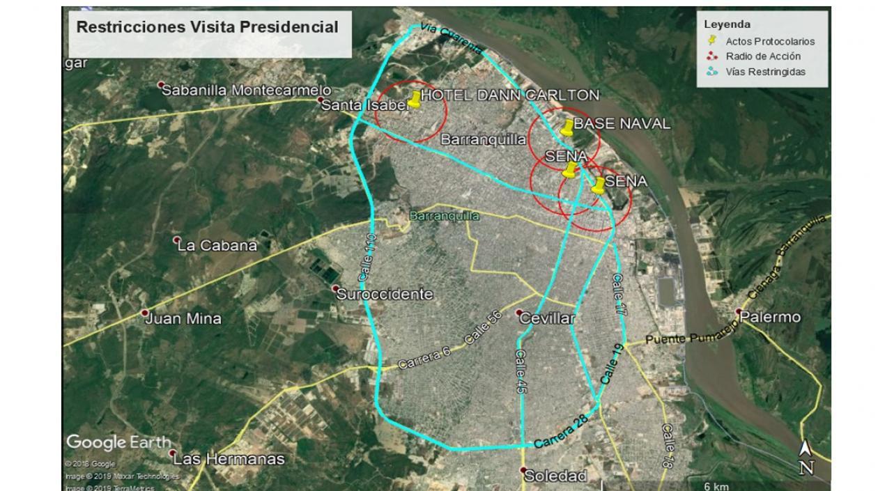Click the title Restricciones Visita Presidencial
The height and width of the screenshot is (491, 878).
(x=207, y=28)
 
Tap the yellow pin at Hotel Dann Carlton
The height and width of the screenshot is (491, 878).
(x=415, y=100)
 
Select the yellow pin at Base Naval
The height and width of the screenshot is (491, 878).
(x=568, y=127)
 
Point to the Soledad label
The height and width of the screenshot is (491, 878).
(x=555, y=476)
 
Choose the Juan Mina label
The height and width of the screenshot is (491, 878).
(x=183, y=319)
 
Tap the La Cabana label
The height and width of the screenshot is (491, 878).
(x=217, y=245)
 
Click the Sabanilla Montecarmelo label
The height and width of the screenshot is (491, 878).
(x=246, y=90)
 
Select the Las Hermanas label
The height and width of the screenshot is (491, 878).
(x=229, y=459)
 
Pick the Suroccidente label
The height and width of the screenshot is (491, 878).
(x=385, y=295)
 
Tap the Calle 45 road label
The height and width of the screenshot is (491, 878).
(x=520, y=373)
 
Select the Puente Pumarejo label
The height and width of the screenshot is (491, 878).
(x=685, y=339)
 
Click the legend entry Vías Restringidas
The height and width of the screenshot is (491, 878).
(x=765, y=72)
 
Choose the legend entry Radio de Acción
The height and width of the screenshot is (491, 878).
(x=762, y=56)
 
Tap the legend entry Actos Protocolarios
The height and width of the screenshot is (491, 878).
(x=769, y=41)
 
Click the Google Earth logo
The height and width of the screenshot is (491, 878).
(x=118, y=442)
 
